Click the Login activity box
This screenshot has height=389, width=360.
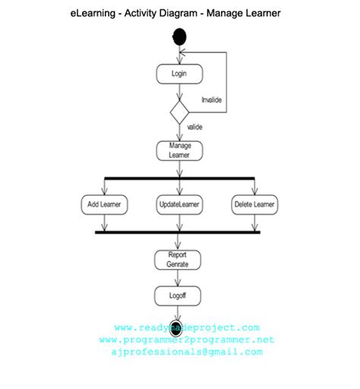(x=180, y=74)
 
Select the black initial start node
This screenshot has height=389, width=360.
(x=180, y=36)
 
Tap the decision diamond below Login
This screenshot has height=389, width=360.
(x=180, y=111)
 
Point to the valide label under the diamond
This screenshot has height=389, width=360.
(x=195, y=127)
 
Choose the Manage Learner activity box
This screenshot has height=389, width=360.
(x=180, y=150)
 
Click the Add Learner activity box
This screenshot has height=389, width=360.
(x=104, y=204)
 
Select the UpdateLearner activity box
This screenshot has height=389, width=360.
(x=180, y=204)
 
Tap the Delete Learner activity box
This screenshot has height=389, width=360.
(x=254, y=204)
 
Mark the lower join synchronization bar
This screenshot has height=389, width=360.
(x=180, y=232)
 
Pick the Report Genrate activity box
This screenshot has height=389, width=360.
(x=180, y=259)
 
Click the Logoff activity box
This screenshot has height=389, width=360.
(x=180, y=296)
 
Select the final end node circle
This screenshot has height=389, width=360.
(x=176, y=327)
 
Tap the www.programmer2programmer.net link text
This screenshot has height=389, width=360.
(x=186, y=340)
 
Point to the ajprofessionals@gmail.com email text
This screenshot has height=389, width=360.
(x=186, y=352)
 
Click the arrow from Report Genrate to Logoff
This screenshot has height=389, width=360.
(x=180, y=278)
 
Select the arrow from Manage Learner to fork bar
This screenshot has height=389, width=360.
(x=180, y=169)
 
